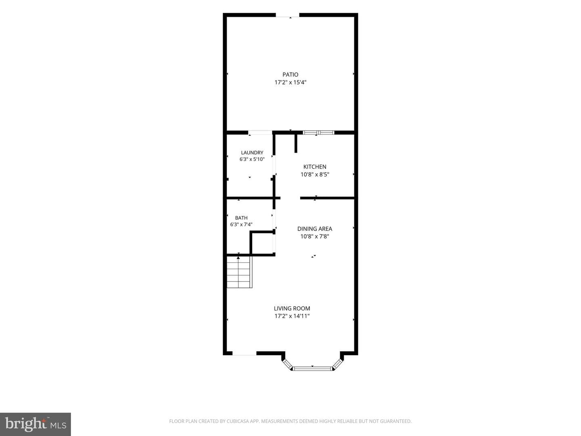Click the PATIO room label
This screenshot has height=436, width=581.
point(290,75)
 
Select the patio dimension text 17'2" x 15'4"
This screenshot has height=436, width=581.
point(290,82)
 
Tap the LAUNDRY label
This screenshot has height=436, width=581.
point(252,153)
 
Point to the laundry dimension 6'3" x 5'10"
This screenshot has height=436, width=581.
point(252,159)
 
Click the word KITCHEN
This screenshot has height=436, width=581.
point(315,167)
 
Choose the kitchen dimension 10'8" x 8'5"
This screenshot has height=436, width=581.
point(315,174)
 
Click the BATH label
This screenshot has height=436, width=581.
point(241,218)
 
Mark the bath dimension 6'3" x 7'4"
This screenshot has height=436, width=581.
point(241,224)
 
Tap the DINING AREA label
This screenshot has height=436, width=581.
point(314,229)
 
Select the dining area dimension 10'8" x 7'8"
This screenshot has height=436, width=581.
point(314,237)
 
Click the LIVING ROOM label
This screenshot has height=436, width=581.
point(292,308)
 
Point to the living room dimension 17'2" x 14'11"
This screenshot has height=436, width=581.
point(292,316)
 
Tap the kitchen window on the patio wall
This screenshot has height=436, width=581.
point(318,132)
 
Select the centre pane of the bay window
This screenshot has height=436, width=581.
point(312,368)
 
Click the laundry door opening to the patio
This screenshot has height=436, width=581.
point(260,132)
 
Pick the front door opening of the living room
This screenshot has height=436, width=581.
point(245,353)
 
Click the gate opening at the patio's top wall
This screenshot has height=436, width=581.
point(287,15)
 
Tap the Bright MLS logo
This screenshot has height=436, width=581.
point(36,424)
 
